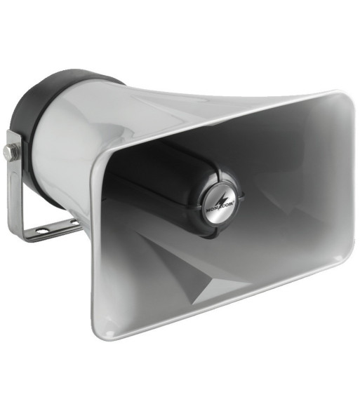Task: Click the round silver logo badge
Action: pos(220,204)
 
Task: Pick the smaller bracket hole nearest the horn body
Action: pos(74,222)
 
